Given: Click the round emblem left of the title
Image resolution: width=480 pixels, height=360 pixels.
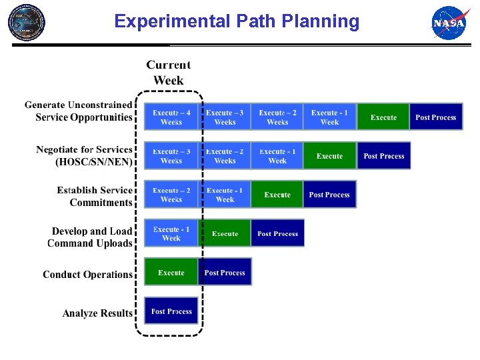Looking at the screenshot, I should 27,22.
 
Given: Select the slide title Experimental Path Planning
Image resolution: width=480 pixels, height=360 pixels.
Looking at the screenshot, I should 237,21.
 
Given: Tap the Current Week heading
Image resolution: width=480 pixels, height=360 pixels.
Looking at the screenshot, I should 169,73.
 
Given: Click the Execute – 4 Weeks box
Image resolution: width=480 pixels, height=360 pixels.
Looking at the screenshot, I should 171,117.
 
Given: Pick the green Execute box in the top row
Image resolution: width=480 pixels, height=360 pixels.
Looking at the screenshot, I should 383,117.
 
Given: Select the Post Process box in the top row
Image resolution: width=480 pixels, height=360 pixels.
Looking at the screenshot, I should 435,117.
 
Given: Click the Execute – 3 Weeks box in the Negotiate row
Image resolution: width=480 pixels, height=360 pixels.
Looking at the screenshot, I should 171,156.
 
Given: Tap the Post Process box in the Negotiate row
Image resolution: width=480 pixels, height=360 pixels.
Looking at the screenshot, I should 383,156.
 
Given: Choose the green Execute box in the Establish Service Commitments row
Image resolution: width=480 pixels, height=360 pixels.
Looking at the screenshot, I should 277,195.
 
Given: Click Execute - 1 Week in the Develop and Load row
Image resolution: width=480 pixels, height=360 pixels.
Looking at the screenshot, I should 171,233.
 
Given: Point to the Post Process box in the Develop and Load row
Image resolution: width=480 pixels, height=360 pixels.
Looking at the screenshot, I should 277,233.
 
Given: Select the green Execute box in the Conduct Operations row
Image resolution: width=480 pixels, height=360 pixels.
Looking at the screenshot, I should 171,272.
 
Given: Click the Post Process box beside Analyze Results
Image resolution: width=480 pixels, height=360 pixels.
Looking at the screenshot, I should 171,311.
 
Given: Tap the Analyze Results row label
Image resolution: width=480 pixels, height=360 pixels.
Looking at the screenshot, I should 97,313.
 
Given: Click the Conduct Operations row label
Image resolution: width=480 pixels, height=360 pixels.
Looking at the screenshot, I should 87,274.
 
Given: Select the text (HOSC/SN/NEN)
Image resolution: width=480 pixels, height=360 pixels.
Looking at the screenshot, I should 94,162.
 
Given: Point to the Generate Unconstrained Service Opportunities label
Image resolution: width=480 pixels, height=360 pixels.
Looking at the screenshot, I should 79,111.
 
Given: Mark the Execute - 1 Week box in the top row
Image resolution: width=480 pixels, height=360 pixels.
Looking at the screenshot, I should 329,117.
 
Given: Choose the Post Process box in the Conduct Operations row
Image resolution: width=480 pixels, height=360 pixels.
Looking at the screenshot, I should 225,272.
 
